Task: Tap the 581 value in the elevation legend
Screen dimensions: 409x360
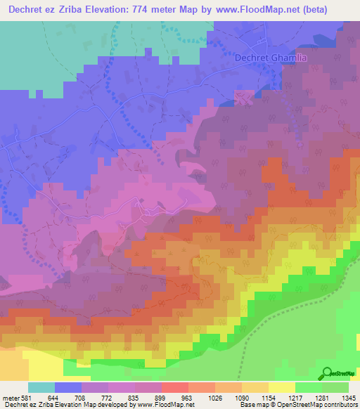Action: pos(27,397)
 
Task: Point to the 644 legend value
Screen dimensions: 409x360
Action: pos(54,397)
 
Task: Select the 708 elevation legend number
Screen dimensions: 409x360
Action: pos(81,397)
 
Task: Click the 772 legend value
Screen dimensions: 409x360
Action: pos(108,397)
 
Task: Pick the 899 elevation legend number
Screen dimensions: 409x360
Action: pos(161,397)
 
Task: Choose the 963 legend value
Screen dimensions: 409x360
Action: pos(188,397)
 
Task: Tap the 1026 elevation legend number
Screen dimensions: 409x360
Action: pos(214,397)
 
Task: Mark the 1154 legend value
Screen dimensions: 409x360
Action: pos(268,397)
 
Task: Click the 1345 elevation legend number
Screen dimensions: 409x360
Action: pos(348,397)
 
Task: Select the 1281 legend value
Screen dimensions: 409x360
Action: pos(321,397)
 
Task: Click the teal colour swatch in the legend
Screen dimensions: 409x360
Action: pos(41,387)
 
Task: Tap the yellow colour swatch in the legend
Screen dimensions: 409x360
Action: pos(281,387)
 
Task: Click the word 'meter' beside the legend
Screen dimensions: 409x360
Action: pos(10,397)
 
